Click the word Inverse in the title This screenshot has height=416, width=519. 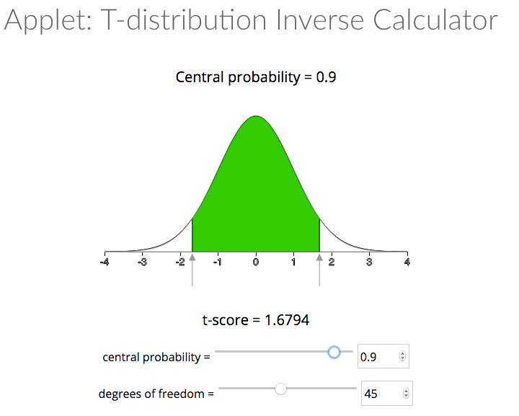[320, 20]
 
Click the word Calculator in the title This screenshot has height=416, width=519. [435, 20]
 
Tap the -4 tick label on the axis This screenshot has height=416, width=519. [105, 262]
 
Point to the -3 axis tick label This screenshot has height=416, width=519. [142, 262]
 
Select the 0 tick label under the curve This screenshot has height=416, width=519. [255, 262]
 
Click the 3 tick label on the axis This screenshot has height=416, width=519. [369, 262]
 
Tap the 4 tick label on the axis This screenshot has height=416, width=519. [407, 262]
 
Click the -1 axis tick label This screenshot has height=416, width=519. [218, 262]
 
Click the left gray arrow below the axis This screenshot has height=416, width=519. [192, 270]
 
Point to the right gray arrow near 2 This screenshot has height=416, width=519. [319, 270]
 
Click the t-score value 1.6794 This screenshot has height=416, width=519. [287, 320]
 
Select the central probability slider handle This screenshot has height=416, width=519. [334, 352]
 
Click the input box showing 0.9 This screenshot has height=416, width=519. [383, 356]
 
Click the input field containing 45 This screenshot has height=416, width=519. [387, 393]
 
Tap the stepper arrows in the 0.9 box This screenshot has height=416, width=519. [402, 356]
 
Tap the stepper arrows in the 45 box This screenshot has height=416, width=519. [406, 393]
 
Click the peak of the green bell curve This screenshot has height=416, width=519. [256, 116]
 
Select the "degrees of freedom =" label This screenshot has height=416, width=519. [156, 394]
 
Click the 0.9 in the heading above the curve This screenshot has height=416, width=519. [326, 77]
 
